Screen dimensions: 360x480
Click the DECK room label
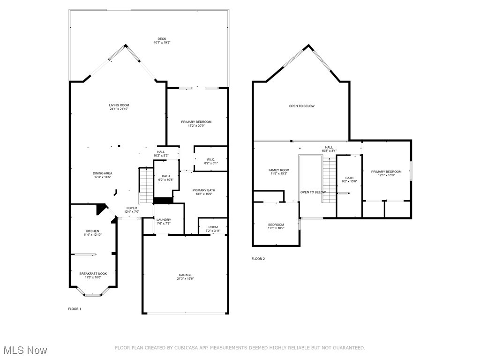[x=162, y=39]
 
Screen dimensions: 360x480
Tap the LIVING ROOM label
[x=119, y=105]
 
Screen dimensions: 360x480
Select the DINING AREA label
[x=102, y=173]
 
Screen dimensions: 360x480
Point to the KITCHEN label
[x=92, y=231]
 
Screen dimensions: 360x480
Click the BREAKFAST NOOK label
[x=93, y=274]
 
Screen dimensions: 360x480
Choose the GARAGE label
[x=185, y=275]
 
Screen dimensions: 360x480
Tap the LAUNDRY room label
[x=164, y=220]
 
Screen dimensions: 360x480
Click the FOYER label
[x=132, y=208]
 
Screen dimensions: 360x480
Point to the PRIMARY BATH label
[x=204, y=190]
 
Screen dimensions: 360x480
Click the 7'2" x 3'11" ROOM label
[x=213, y=227]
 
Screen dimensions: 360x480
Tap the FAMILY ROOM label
[x=278, y=170]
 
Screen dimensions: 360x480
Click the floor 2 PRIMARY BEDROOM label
[x=386, y=172]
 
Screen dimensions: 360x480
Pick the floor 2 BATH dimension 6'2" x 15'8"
[x=349, y=181]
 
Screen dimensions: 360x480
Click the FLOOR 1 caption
[x=75, y=309]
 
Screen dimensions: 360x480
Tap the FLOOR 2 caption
[x=258, y=259]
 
